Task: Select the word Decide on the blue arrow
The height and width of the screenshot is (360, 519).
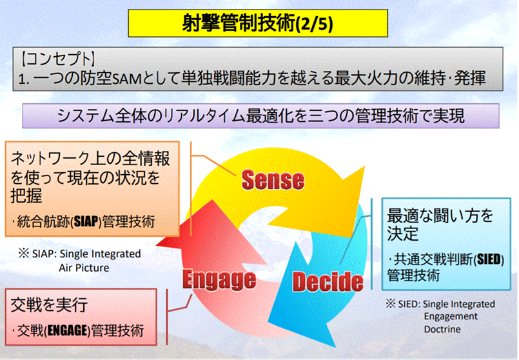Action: click(328, 281)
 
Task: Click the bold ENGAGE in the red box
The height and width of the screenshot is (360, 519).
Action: click(66, 331)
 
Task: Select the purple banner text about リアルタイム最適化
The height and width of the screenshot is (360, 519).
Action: click(261, 117)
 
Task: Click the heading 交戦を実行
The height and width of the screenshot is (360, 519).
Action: click(49, 304)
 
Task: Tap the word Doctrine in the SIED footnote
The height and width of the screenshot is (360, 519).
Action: click(446, 328)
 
